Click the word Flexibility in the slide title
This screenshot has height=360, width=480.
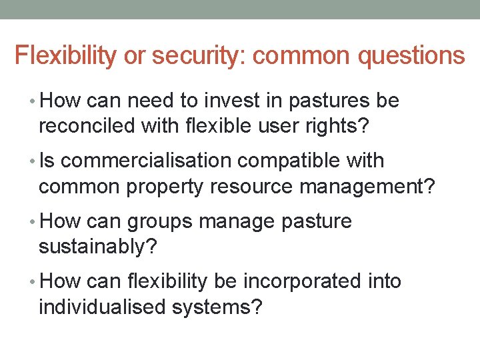click(65, 55)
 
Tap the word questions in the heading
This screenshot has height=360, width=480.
click(411, 55)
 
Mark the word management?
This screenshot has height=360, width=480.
click(367, 187)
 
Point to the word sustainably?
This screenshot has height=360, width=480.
click(98, 247)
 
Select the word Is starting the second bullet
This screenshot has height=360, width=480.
click(47, 161)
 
